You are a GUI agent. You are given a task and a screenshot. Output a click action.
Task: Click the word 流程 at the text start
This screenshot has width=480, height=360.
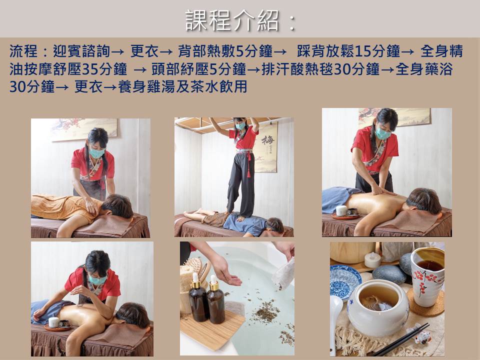click(x=23, y=51)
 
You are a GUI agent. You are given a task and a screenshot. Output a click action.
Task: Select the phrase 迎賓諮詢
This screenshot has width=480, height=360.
click(x=81, y=51)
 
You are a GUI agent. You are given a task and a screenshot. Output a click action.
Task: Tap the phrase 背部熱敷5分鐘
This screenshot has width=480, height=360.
click(x=225, y=51)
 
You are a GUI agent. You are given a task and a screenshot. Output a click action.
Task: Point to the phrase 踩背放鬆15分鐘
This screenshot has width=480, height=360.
click(x=348, y=51)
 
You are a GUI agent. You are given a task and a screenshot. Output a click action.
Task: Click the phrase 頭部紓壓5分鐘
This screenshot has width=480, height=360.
click(x=198, y=69)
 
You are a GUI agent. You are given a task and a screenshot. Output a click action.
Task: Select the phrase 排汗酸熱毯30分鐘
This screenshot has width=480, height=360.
click(x=320, y=69)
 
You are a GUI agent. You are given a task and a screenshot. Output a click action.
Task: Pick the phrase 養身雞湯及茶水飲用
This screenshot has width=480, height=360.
click(x=183, y=86)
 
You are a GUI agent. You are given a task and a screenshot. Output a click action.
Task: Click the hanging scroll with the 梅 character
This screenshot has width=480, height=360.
click(x=266, y=147)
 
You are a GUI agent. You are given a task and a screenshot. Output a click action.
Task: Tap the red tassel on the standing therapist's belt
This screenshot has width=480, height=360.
click(x=248, y=165)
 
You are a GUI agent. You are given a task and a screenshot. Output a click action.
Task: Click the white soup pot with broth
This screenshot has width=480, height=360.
click(x=378, y=307)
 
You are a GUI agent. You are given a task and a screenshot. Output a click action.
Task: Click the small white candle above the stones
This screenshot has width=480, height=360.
click(x=372, y=260)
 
